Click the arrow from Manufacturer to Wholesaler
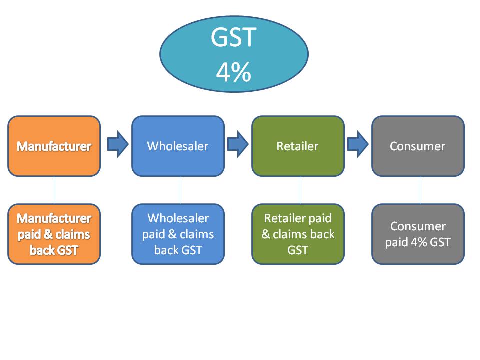click(x=117, y=144)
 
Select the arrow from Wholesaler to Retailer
click(x=238, y=144)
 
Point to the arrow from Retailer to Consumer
click(x=358, y=144)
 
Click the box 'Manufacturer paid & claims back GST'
click(x=54, y=234)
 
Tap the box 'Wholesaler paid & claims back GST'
click(x=178, y=234)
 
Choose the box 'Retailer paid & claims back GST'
click(x=298, y=234)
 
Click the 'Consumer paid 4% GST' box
click(x=418, y=234)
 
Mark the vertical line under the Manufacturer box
click(x=54, y=190)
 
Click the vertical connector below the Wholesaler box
click(x=180, y=190)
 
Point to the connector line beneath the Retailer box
click(x=300, y=190)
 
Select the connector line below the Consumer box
click(x=420, y=190)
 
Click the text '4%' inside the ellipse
click(x=233, y=73)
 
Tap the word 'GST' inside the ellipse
click(x=233, y=38)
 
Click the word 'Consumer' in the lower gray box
click(x=417, y=226)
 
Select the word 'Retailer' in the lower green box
click(x=284, y=218)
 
